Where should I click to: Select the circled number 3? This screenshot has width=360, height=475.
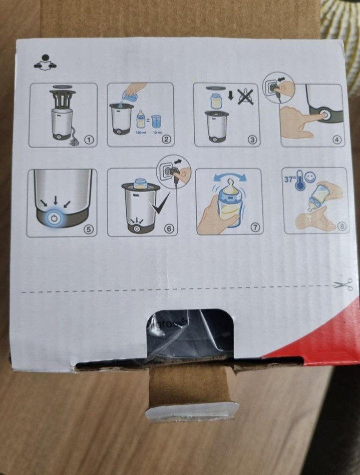point(253,140)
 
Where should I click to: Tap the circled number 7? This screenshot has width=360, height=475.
point(255,227)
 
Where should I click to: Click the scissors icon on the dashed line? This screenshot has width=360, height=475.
point(348,284)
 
